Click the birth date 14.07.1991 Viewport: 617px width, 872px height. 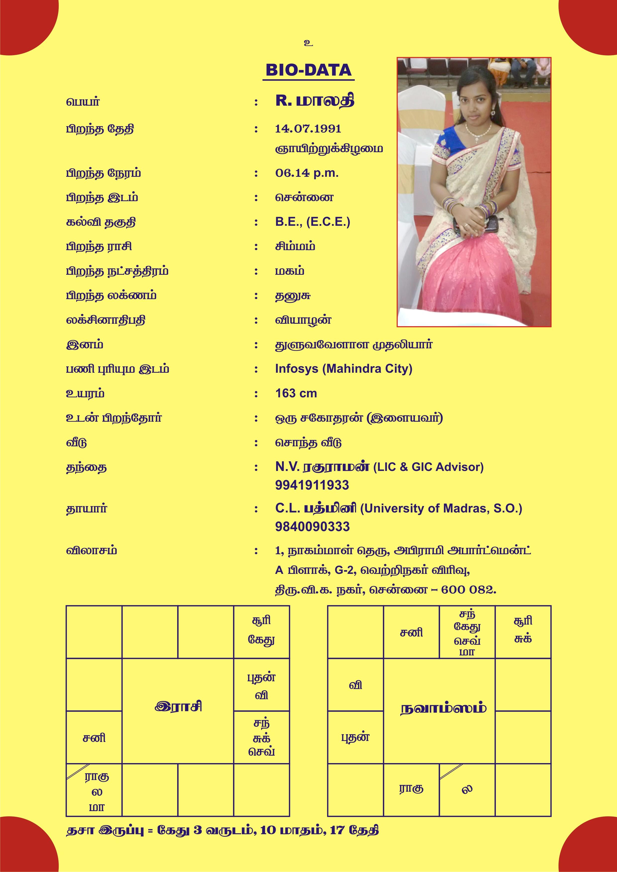click(308, 129)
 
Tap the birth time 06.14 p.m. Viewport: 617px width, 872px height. click(307, 173)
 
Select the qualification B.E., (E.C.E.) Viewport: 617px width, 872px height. click(312, 222)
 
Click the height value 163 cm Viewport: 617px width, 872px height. click(296, 393)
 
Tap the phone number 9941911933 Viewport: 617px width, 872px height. click(312, 485)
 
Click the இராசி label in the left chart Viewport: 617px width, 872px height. click(178, 706)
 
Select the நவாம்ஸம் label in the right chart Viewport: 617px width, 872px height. click(443, 709)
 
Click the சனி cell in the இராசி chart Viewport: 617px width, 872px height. click(94, 738)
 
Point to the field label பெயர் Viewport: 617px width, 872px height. click(83, 102)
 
